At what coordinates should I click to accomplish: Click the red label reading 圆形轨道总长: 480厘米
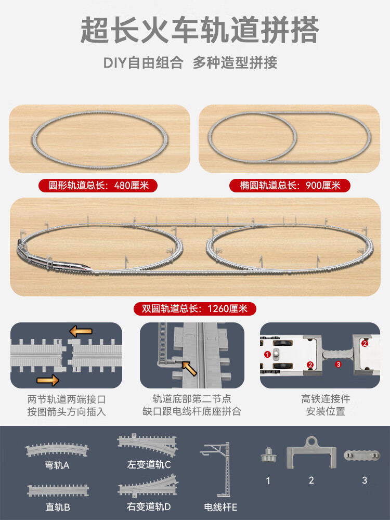tap(98, 185)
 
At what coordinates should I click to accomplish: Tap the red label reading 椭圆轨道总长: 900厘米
tap(290, 185)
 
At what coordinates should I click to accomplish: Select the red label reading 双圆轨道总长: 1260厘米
tap(195, 308)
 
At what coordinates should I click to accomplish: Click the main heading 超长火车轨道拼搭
tap(200, 31)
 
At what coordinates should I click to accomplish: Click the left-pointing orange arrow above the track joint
tap(81, 331)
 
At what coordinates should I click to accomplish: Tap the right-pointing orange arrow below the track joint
tap(48, 380)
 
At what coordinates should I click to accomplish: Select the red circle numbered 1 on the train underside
tap(268, 355)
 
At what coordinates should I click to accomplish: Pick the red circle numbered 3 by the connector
tap(338, 364)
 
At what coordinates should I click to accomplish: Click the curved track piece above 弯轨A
tap(57, 449)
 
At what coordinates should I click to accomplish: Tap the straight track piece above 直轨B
tap(58, 490)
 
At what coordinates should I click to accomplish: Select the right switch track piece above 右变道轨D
tap(148, 486)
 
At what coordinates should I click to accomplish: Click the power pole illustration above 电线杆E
tap(219, 469)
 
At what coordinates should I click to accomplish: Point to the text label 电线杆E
tap(220, 507)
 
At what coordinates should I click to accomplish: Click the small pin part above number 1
tap(268, 454)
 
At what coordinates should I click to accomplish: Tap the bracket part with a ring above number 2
tap(311, 452)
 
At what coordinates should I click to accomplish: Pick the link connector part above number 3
tap(362, 455)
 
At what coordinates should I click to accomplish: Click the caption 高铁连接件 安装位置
tap(326, 405)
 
